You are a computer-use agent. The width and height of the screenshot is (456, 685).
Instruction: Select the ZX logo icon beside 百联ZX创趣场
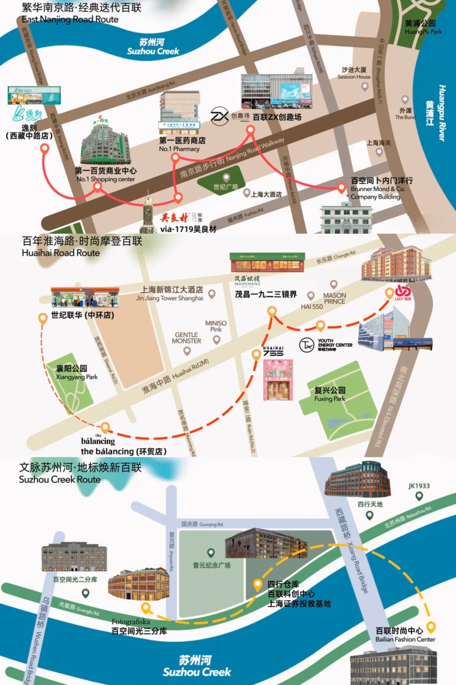pyautogui.click(x=219, y=116)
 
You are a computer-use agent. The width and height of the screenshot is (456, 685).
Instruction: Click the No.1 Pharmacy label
pyautogui.click(x=179, y=149)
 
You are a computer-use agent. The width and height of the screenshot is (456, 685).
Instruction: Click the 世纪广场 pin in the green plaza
pyautogui.click(x=226, y=177)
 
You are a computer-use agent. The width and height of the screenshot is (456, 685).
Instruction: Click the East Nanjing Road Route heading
pyautogui.click(x=70, y=20)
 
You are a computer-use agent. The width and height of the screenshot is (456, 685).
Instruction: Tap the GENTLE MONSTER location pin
pyautogui.click(x=187, y=351)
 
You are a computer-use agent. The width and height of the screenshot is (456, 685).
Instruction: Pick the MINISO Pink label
pyautogui.click(x=216, y=326)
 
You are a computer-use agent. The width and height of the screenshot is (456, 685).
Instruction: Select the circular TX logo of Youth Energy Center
pyautogui.click(x=307, y=345)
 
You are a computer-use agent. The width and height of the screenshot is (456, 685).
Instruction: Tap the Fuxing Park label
pyautogui.click(x=330, y=399)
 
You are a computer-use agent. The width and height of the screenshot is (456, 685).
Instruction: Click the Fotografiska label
pyautogui.click(x=131, y=622)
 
